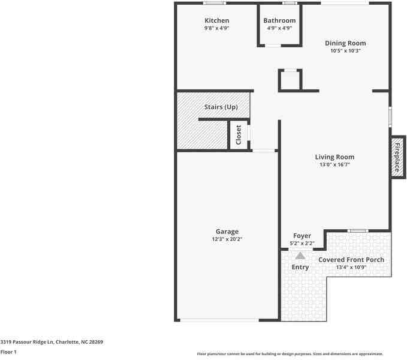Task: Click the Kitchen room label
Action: click(x=216, y=20)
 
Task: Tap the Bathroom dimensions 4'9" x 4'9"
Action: click(x=279, y=28)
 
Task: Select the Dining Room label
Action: click(x=345, y=43)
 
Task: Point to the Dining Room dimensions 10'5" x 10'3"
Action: click(x=345, y=51)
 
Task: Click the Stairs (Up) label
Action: click(x=221, y=107)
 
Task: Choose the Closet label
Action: click(x=239, y=134)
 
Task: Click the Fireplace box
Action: click(x=396, y=157)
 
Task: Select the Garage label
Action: click(x=227, y=232)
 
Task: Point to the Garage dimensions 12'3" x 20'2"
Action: click(x=227, y=239)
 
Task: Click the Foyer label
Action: click(x=302, y=236)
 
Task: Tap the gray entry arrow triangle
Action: click(x=300, y=256)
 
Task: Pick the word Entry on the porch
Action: click(x=300, y=267)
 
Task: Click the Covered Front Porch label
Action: click(x=351, y=260)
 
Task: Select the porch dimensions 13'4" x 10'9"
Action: click(x=351, y=267)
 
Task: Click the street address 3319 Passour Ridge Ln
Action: click(x=52, y=342)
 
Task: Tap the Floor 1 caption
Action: click(x=8, y=352)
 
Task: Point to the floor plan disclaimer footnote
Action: click(x=290, y=354)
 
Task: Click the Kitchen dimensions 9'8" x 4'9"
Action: click(x=216, y=28)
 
